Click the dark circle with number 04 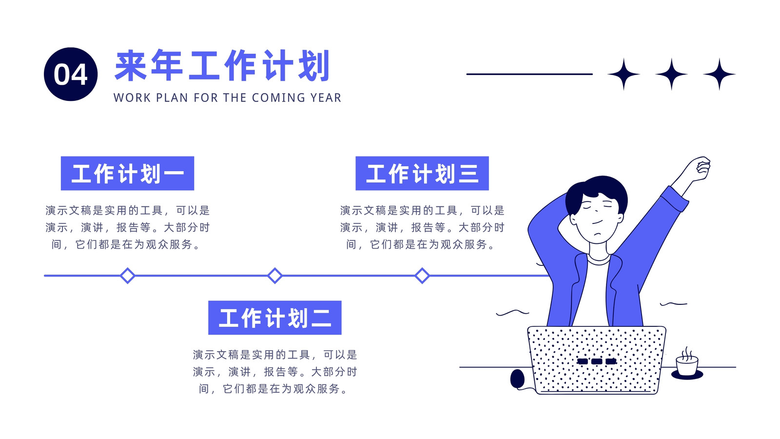(x=71, y=74)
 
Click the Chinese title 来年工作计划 (x=222, y=65)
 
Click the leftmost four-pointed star (x=624, y=74)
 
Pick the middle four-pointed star (x=671, y=74)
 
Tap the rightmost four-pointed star (x=720, y=74)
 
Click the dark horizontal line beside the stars (x=529, y=74)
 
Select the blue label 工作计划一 (x=127, y=173)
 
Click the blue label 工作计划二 (x=275, y=318)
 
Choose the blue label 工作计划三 (x=422, y=173)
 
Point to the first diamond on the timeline (x=127, y=276)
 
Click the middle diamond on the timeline (x=275, y=276)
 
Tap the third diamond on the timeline (x=422, y=276)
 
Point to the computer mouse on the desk (x=517, y=379)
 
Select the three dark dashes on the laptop (x=597, y=361)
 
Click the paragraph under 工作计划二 (x=275, y=372)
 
